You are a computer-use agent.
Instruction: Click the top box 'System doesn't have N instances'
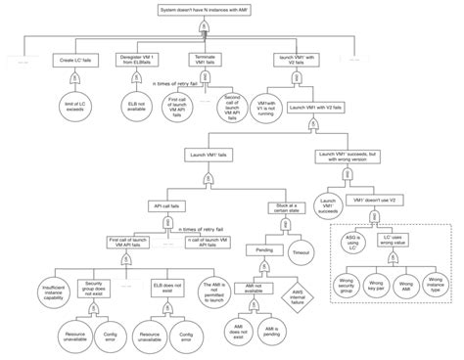coord(209,9)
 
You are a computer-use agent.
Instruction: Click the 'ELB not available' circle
coord(135,105)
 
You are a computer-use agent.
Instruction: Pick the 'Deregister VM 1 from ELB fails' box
coord(135,61)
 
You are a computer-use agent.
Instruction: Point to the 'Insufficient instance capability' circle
coord(34,291)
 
